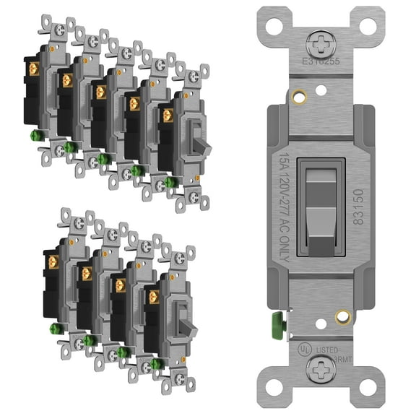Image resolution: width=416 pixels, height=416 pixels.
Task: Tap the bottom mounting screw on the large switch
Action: (x=319, y=370)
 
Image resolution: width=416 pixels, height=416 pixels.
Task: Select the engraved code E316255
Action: (x=319, y=61)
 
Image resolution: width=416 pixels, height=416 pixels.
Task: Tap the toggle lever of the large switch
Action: (x=319, y=209)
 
